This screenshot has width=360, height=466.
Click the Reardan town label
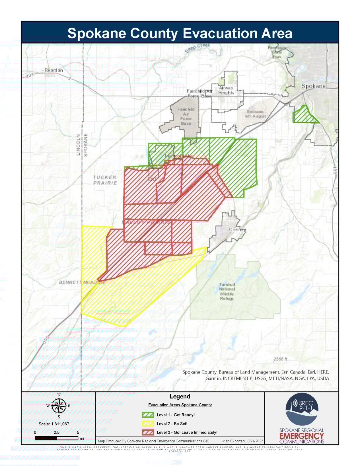click(54, 70)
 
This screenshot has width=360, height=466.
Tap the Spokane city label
click(313, 86)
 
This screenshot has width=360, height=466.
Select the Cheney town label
click(237, 229)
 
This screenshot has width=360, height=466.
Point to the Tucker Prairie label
click(105, 180)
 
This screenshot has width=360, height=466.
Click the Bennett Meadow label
click(82, 282)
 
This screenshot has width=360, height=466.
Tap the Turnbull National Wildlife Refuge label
click(227, 291)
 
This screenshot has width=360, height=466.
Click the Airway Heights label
click(226, 90)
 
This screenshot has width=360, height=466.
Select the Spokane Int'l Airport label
click(255, 114)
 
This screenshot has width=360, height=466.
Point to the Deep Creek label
click(197, 48)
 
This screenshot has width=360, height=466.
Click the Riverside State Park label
click(277, 52)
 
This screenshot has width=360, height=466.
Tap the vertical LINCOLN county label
click(78, 145)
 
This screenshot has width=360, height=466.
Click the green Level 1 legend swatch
click(148, 415)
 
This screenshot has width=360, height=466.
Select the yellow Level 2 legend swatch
click(148, 424)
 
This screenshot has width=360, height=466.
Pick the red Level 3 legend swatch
click(148, 432)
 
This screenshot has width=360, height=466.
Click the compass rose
click(59, 406)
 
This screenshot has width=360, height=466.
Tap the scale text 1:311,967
click(54, 424)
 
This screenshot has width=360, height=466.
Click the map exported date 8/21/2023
click(255, 441)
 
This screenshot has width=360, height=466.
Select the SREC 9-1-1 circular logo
click(302, 409)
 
